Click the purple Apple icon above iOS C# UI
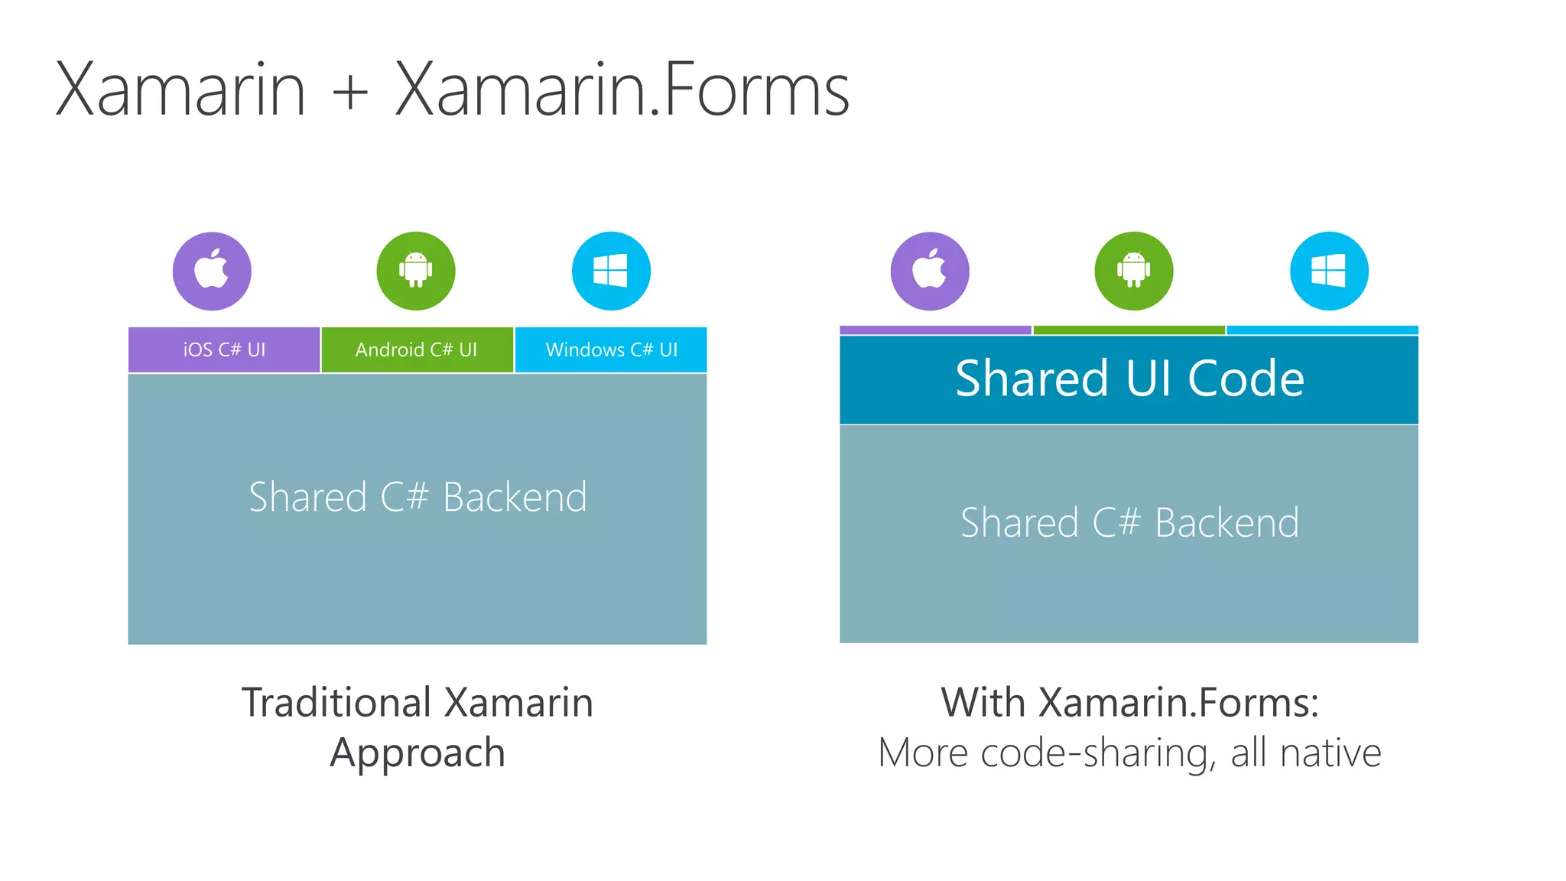212,271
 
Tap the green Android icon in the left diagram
416,271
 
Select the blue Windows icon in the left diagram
611,271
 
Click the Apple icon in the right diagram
930,271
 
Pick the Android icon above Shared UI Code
1133,271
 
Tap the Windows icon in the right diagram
1329,271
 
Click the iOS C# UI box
224,349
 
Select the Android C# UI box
417,349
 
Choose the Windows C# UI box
611,349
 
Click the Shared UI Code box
1129,379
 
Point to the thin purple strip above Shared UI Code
935,330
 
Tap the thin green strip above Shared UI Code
1129,330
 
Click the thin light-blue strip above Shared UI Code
1322,330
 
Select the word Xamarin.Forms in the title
622,90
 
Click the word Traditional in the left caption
337,702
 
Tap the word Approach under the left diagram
417,753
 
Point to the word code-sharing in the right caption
1098,753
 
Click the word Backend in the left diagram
515,497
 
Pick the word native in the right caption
1330,753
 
